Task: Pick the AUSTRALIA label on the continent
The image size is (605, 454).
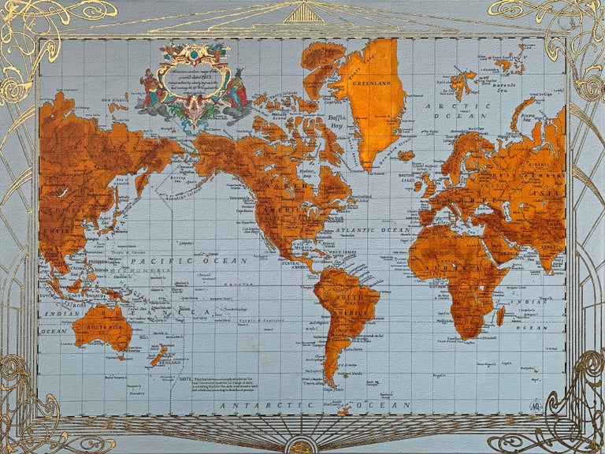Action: tap(101, 324)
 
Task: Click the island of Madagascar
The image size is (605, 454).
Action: tap(500, 316)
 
